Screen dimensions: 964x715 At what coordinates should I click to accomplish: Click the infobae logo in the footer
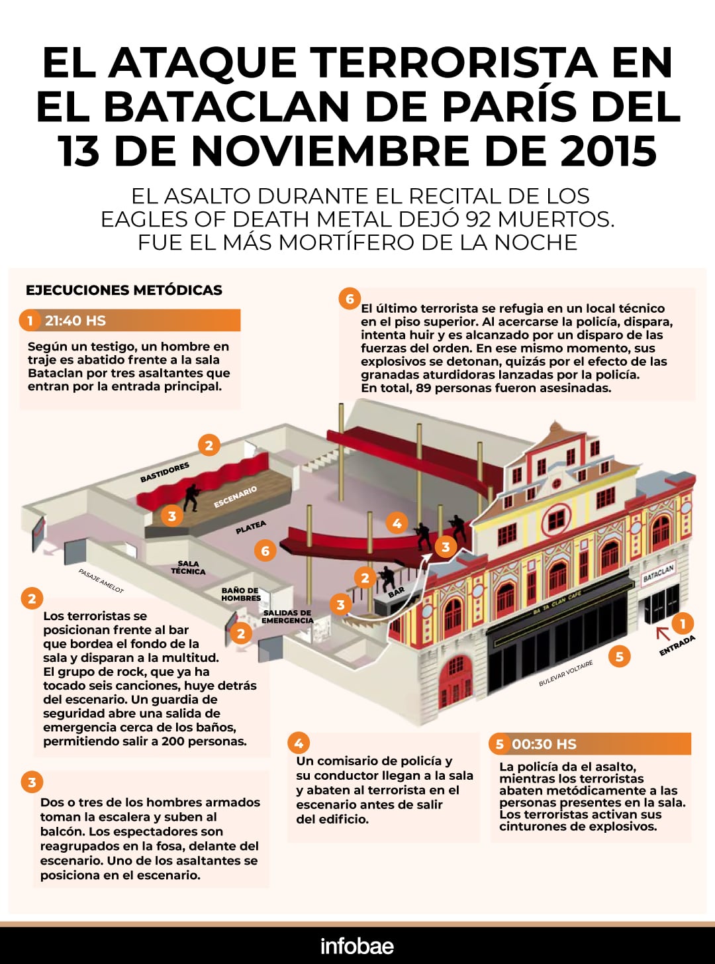[357, 945]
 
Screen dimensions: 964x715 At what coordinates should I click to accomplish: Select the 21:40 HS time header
[75, 321]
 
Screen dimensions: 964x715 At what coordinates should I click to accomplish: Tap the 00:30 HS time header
[544, 744]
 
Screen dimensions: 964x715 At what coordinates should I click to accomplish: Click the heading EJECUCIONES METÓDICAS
[124, 290]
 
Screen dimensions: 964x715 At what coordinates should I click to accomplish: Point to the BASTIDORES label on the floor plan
[165, 472]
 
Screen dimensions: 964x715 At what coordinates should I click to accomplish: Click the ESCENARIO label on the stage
[235, 497]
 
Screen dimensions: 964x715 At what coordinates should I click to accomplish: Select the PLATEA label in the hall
[251, 527]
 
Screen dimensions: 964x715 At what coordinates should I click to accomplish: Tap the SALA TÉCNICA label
[188, 567]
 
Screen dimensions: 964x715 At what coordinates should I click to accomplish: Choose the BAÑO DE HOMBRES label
[241, 594]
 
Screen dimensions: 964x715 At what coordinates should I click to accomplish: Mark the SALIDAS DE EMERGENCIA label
[287, 616]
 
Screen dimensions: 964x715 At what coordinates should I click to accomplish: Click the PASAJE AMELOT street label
[101, 580]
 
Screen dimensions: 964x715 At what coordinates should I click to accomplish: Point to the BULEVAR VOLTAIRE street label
[565, 673]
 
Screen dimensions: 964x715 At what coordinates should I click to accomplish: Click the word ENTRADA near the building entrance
[677, 645]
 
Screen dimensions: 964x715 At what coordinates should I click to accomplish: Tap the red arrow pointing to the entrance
[662, 633]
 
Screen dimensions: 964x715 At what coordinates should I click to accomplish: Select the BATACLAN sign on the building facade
[658, 574]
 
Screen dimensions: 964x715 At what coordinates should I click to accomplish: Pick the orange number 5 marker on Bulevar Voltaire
[619, 657]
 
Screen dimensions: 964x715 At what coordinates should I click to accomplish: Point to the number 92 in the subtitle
[479, 219]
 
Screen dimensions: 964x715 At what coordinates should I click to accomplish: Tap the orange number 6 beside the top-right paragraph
[350, 299]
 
